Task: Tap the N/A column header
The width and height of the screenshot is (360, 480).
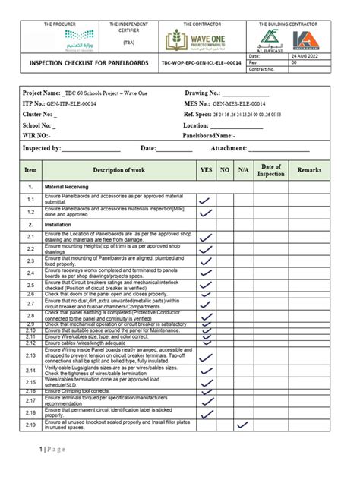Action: pyautogui.click(x=243, y=171)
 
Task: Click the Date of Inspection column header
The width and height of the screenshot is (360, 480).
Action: pyautogui.click(x=271, y=171)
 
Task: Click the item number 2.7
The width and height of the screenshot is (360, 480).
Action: pyautogui.click(x=30, y=303)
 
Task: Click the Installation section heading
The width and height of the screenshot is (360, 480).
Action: pyautogui.click(x=60, y=226)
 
